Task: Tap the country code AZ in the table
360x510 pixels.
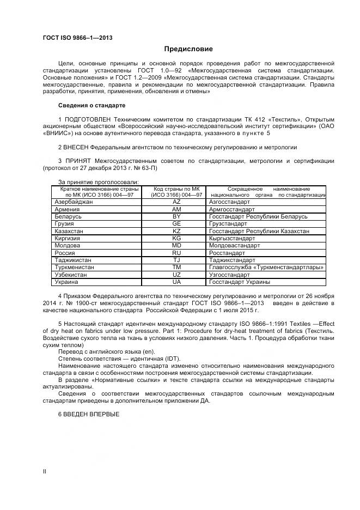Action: pyautogui.click(x=176, y=202)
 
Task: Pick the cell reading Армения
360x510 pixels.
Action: pyautogui.click(x=68, y=209)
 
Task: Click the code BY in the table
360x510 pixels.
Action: pyautogui.click(x=176, y=216)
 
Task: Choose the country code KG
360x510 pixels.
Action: pyautogui.click(x=176, y=239)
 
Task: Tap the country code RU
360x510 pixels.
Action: pyautogui.click(x=176, y=253)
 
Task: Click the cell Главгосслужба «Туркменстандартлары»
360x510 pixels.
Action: pyautogui.click(x=266, y=268)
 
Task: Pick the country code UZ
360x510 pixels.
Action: pyautogui.click(x=176, y=275)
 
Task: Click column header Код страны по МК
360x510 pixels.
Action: pyautogui.click(x=176, y=189)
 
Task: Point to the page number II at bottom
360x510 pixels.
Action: pyautogui.click(x=45, y=471)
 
